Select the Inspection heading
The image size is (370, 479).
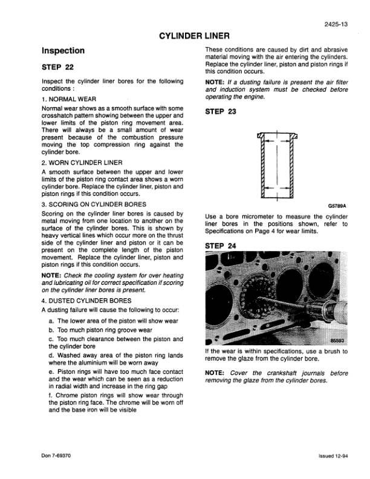coord(63,51)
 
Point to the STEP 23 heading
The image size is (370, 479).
coord(222,111)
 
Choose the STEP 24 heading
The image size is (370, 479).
coord(222,246)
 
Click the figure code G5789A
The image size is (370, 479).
coord(337,205)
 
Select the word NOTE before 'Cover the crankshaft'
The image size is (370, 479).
coord(216,373)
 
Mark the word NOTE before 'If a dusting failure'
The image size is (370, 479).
coord(216,82)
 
